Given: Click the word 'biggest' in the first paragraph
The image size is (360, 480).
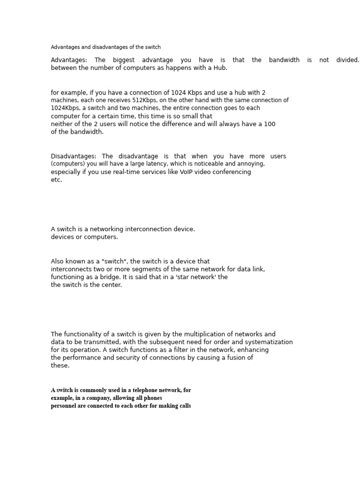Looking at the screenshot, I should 123,60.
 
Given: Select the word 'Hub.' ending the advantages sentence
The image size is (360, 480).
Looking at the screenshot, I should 220,68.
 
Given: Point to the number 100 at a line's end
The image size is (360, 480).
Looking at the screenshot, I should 270,124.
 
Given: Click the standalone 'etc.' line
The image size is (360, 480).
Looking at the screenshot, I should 56,180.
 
